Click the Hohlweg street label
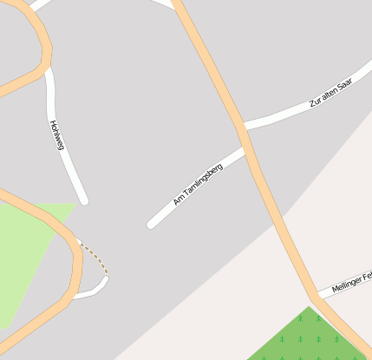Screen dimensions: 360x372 pos(57,134)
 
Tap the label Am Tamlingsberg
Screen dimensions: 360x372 pos(198,184)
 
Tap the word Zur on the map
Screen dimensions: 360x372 pos(315,103)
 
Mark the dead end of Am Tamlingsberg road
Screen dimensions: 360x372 pos(151,225)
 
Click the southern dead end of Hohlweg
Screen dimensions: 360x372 pos(84,200)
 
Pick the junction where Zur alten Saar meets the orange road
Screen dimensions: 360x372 pos(243,128)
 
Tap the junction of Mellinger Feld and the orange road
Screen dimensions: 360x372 pos(319,295)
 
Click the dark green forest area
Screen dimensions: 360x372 pos(308,338)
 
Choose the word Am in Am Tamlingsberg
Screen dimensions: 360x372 pos(179,200)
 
